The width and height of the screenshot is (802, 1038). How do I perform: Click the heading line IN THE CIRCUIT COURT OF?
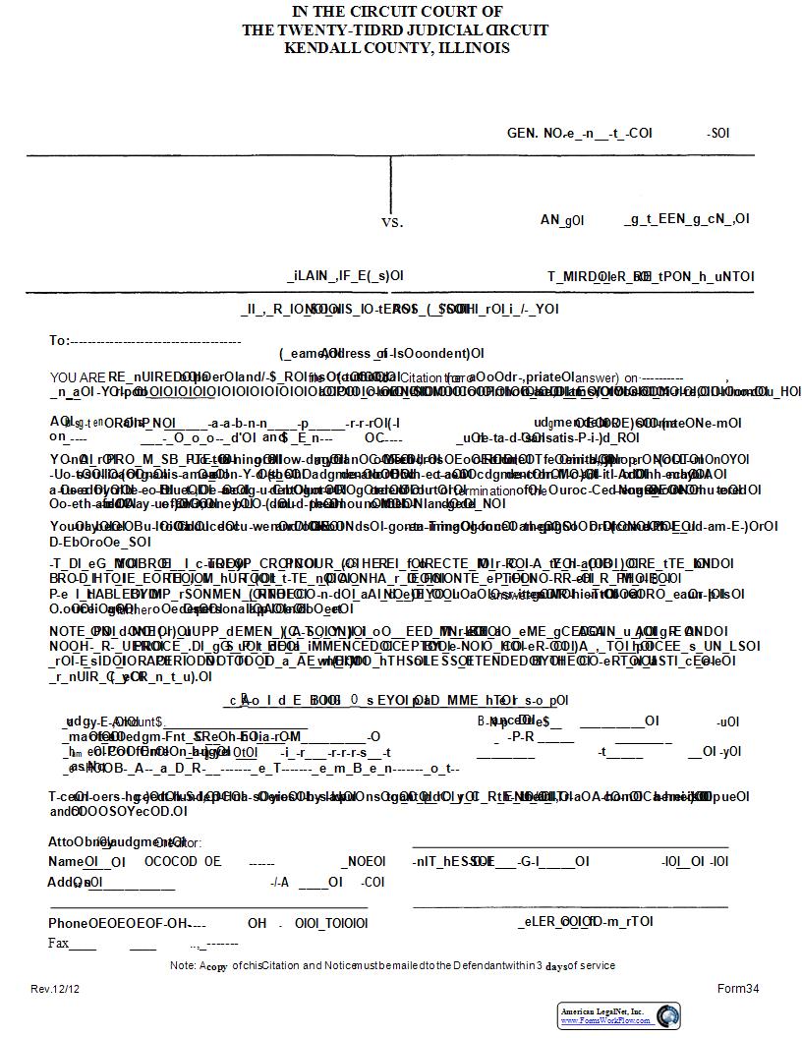[x=397, y=12]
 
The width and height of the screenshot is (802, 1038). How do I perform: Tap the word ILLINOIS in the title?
[x=470, y=48]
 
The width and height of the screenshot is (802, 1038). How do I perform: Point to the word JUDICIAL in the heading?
[x=439, y=30]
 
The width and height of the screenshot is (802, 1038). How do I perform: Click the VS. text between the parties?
[x=392, y=222]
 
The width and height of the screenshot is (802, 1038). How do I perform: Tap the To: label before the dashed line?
[x=59, y=340]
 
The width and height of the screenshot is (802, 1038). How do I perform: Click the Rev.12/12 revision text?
[x=55, y=989]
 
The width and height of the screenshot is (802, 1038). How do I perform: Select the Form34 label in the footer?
[x=738, y=989]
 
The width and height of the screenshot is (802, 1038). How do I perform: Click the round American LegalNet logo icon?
[x=668, y=1015]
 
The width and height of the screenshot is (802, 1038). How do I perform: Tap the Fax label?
[x=59, y=944]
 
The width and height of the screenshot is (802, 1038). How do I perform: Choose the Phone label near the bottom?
[x=68, y=923]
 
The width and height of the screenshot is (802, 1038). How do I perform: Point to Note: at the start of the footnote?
[x=184, y=965]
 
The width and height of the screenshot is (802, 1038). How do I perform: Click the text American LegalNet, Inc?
[x=601, y=1010]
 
